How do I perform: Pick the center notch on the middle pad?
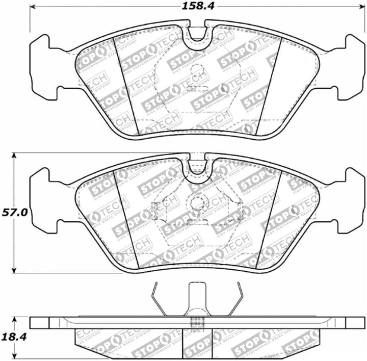click(196, 169)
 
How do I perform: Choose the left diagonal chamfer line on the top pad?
click(125, 87)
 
